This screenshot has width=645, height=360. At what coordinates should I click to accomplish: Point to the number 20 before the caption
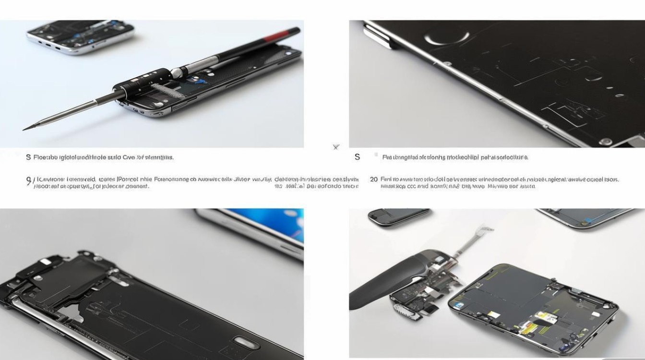[373, 180]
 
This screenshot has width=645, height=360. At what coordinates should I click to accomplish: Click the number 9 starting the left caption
[28, 180]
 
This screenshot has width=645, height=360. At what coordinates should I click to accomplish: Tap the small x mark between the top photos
[336, 147]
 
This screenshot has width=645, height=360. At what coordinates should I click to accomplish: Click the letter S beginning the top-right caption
[357, 157]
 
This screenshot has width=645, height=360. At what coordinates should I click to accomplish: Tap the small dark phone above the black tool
[398, 216]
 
